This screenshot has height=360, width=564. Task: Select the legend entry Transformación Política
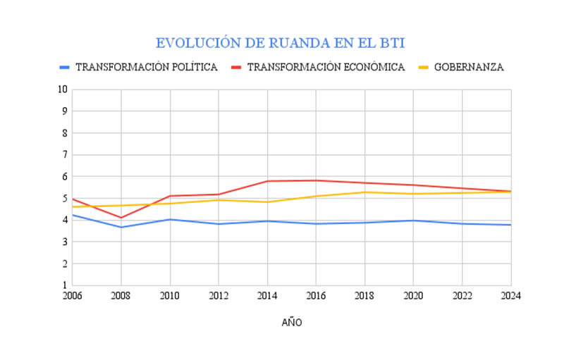coord(146,68)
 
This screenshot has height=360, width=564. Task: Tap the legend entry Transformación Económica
coord(325,68)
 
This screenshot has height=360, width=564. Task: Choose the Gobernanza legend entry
coord(469,68)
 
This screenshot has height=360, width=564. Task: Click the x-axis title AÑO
coord(292,323)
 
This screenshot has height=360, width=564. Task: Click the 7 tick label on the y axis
coord(64,155)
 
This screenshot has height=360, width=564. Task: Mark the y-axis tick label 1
coord(64,285)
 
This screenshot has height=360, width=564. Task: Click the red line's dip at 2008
coord(121,218)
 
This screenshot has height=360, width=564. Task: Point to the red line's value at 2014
coord(267,181)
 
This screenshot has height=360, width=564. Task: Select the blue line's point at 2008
coord(121,227)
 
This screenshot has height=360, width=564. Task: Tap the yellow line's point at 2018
coord(364,192)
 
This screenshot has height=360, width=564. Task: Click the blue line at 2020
coord(413,221)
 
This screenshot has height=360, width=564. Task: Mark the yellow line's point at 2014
coord(267,202)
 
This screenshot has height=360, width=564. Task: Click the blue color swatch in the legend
coord(65,68)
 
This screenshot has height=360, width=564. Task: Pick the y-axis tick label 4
coord(64,220)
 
